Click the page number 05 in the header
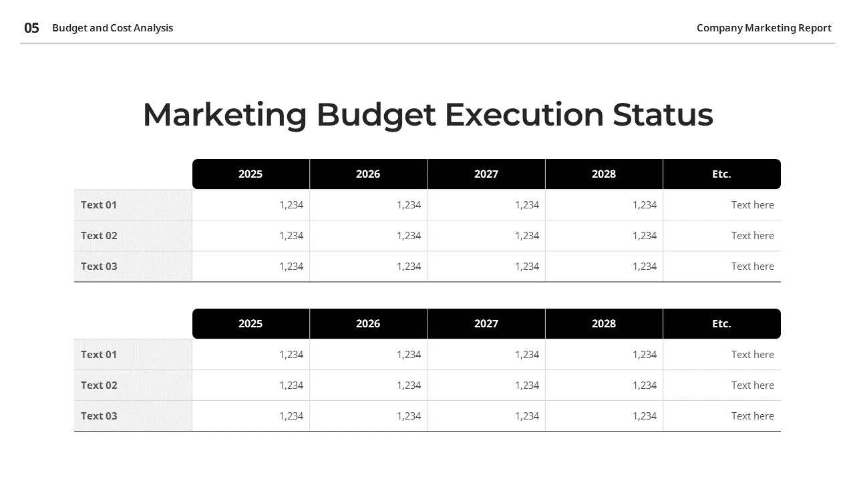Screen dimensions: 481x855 point(31,28)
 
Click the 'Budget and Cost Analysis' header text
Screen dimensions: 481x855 point(112,28)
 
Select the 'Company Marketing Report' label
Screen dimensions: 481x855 point(763,28)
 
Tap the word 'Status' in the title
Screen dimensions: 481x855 point(663,114)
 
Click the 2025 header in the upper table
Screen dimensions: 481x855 point(250,174)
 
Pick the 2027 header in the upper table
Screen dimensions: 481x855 point(486,174)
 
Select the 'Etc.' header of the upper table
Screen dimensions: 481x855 point(721,174)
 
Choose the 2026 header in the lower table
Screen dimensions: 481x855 point(368,324)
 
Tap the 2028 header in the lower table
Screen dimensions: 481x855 point(604,324)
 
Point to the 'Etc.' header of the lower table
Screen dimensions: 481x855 point(721,324)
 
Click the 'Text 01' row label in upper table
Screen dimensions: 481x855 point(99,205)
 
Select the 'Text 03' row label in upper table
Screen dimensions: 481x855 point(99,267)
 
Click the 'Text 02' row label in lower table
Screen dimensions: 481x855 point(99,385)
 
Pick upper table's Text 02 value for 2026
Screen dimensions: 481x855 point(409,236)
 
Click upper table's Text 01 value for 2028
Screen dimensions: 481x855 point(645,205)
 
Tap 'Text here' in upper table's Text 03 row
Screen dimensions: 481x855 point(752,267)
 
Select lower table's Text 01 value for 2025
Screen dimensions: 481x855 point(291,355)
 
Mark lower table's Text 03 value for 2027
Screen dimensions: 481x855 point(527,416)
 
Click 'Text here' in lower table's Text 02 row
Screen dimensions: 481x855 point(752,385)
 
